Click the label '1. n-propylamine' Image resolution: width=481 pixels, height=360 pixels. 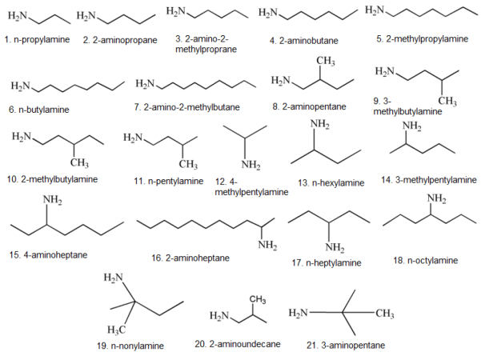click(x=36, y=38)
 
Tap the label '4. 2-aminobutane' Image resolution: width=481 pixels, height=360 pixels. click(x=307, y=39)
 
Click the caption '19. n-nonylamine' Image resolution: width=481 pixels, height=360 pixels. click(x=137, y=346)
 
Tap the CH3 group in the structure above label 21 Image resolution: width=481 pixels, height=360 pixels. click(x=385, y=314)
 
